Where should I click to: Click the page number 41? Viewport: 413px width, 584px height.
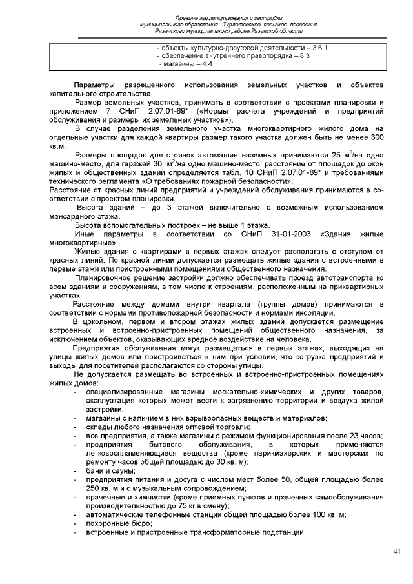pos(396,551)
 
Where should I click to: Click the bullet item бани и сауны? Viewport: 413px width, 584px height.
pos(108,470)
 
